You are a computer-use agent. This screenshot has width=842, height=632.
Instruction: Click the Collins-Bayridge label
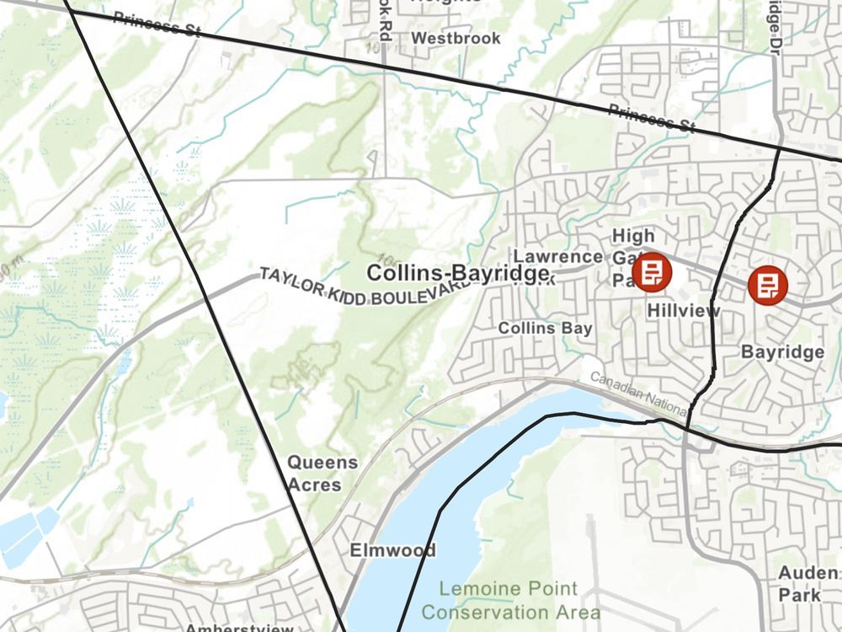[x=458, y=274]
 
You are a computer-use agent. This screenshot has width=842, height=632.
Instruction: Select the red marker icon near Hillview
[x=652, y=271]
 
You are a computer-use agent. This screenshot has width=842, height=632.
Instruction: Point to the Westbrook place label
[x=456, y=38]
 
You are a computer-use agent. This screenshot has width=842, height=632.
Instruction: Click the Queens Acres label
[x=322, y=474]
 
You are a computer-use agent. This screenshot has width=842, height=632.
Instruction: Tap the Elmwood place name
[x=393, y=551]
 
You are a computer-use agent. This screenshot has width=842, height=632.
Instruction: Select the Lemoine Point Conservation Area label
[x=510, y=601]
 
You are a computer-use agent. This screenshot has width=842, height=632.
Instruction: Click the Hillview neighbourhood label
[x=684, y=311]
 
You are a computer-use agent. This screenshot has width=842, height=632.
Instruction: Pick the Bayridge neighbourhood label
[x=782, y=352]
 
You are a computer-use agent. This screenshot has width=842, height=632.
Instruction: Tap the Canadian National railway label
[x=638, y=394]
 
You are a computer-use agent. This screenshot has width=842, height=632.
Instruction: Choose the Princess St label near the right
[x=653, y=118]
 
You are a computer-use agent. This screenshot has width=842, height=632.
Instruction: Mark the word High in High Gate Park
[x=633, y=236]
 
